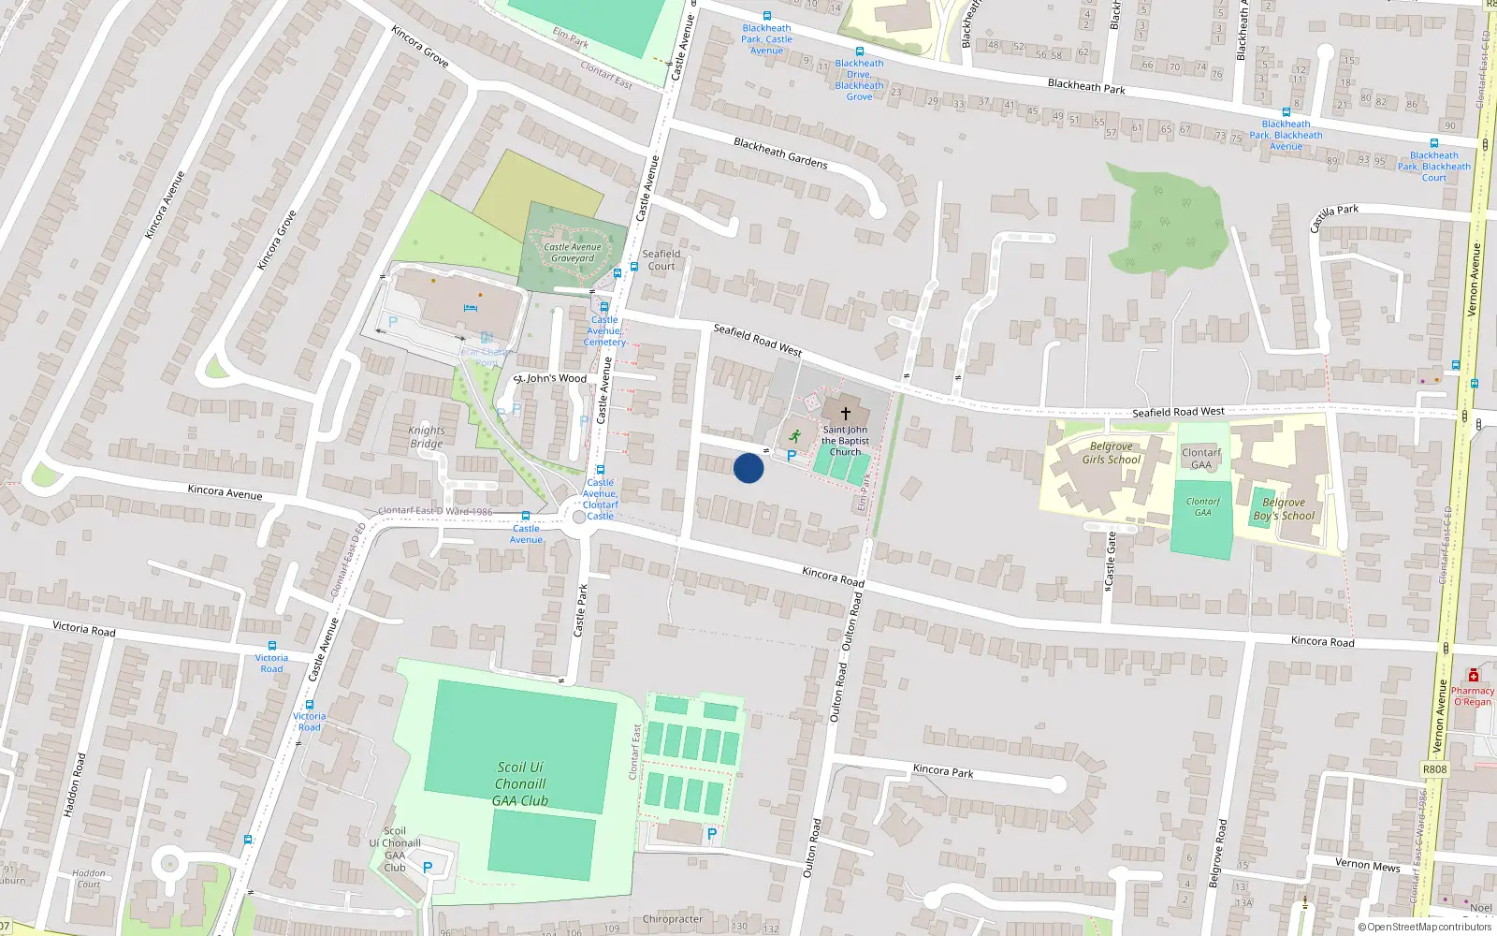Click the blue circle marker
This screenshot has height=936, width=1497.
click(748, 468)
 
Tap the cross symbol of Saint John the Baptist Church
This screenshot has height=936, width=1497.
click(846, 413)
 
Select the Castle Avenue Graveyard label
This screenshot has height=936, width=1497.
click(573, 253)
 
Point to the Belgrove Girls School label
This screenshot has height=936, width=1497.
click(1112, 453)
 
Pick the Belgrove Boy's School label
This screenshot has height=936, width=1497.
click(1284, 509)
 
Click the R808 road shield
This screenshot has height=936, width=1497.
click(1434, 769)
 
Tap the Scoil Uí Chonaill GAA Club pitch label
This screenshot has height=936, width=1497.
click(520, 784)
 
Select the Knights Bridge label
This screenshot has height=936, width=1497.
click(427, 437)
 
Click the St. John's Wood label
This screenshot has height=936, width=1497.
click(550, 379)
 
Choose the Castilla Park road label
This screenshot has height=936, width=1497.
click(1333, 217)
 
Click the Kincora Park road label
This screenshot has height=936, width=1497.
click(943, 771)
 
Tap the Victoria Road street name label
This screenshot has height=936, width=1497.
click(84, 628)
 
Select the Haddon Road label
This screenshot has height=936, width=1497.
click(74, 784)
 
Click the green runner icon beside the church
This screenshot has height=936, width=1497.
click(794, 435)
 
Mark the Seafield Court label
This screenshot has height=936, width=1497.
click(661, 260)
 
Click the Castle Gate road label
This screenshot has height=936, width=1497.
click(1110, 562)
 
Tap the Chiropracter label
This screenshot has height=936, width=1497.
click(673, 919)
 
